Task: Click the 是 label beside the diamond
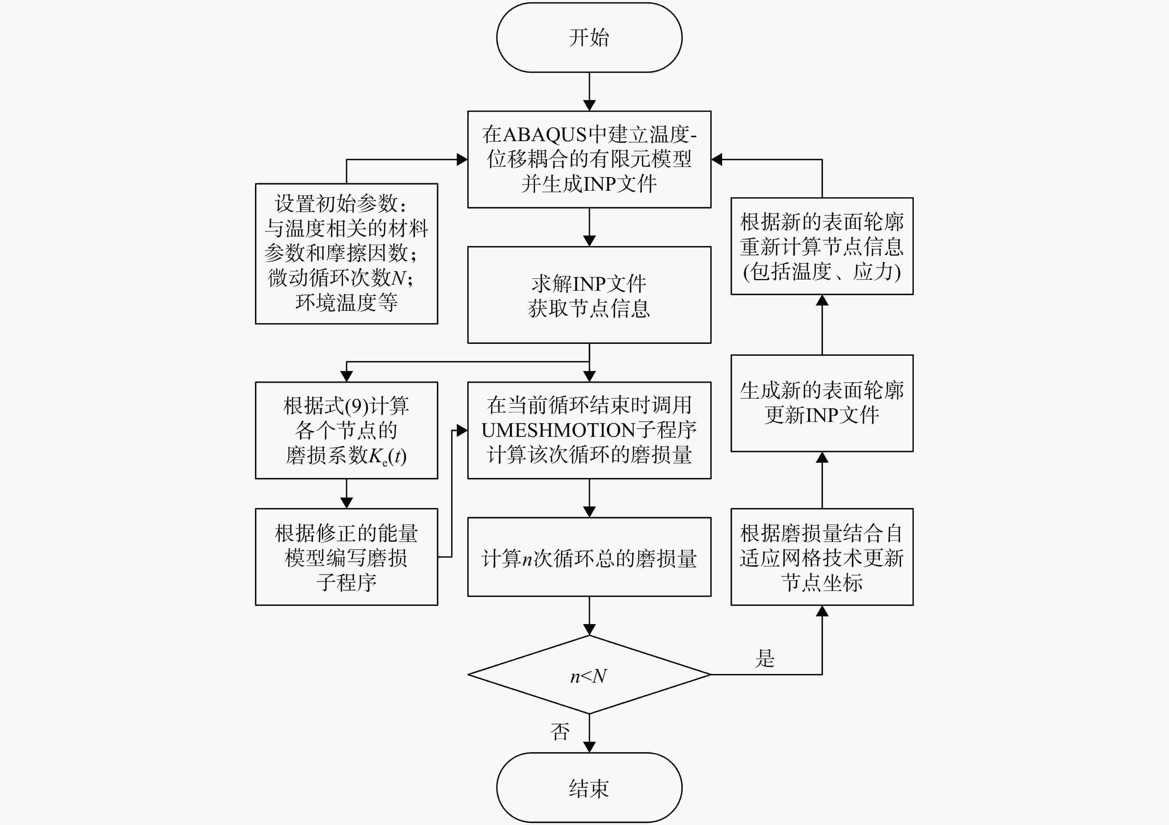tap(765, 658)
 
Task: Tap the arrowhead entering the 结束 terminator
tap(589, 747)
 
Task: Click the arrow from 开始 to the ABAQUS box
tap(589, 92)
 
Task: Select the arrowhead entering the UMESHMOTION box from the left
tap(462, 431)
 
